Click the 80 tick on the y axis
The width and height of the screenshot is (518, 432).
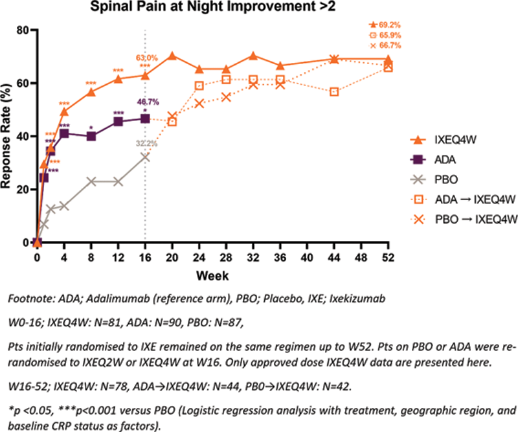coord(22,30)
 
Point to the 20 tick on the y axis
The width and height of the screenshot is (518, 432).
coord(22,189)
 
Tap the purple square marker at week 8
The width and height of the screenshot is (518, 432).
coord(91,136)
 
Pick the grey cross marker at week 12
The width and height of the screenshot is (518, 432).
coord(118,181)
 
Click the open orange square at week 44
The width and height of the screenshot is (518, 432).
coord(334,92)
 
